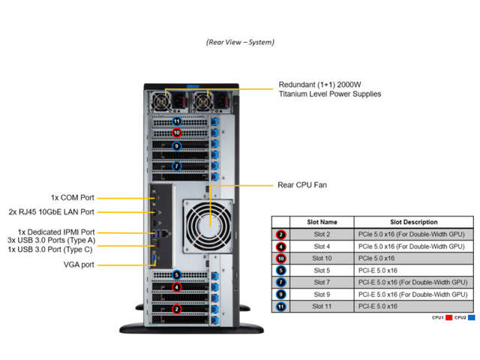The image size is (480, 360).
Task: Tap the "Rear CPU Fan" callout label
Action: click(x=301, y=184)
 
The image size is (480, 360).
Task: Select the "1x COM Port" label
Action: click(x=72, y=198)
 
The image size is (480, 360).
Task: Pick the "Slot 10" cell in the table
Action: click(x=323, y=258)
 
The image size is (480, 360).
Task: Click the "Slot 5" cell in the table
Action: click(x=323, y=270)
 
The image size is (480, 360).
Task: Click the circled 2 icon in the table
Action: click(x=280, y=234)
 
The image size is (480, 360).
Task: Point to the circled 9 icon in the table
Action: click(x=280, y=294)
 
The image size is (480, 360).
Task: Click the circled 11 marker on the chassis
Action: click(x=177, y=121)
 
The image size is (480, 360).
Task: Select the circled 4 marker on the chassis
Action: click(x=177, y=286)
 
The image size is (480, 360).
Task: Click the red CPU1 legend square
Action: click(x=448, y=318)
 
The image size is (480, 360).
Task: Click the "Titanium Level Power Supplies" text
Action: click(x=329, y=94)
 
